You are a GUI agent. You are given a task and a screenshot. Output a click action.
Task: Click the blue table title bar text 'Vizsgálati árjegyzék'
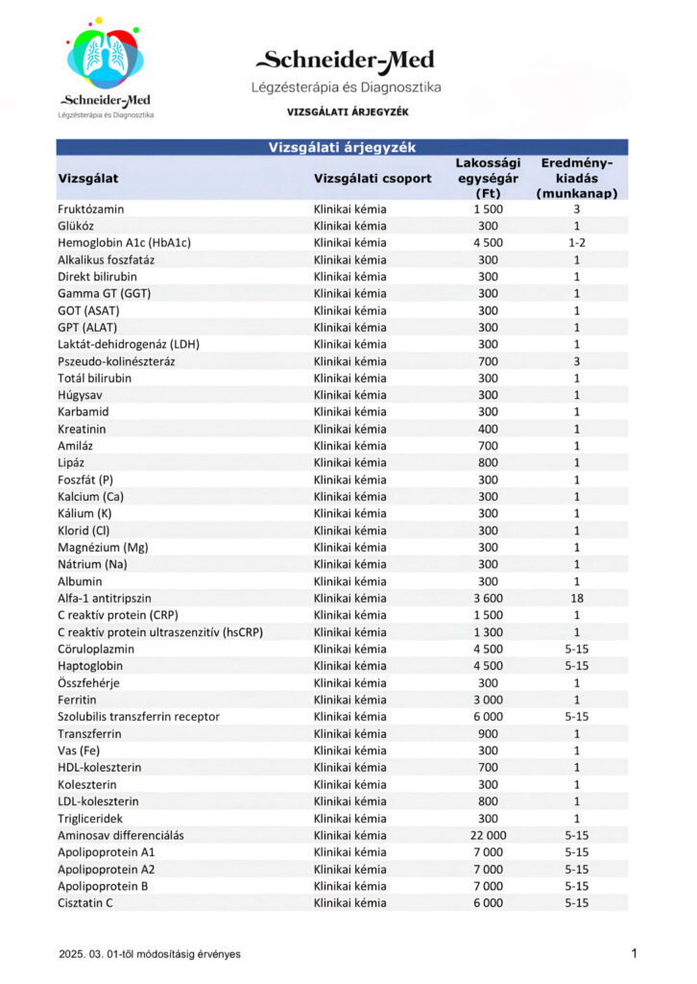pyautogui.click(x=341, y=147)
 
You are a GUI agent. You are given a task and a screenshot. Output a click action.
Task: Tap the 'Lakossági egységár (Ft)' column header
pyautogui.click(x=488, y=178)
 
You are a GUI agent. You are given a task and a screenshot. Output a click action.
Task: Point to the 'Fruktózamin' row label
pyautogui.click(x=91, y=209)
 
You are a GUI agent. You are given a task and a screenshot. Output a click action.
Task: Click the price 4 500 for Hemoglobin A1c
pyautogui.click(x=488, y=242)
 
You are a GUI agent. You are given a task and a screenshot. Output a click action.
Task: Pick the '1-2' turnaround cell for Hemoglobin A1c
pyautogui.click(x=576, y=242)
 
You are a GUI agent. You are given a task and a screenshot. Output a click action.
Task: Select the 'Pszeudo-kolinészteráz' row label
pyautogui.click(x=116, y=361)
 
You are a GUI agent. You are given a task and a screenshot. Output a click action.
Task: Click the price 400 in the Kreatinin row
pyautogui.click(x=488, y=429)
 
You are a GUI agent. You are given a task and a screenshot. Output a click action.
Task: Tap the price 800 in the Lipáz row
pyautogui.click(x=488, y=462)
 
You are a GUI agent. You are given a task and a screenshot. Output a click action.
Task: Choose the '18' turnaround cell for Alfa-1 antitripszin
pyautogui.click(x=576, y=598)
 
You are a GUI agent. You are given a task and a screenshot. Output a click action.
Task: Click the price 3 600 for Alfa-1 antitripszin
pyautogui.click(x=488, y=598)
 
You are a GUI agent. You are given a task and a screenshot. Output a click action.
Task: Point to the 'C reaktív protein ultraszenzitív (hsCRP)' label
pyautogui.click(x=160, y=632)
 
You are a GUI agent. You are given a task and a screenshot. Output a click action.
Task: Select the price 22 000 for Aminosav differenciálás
pyautogui.click(x=488, y=835)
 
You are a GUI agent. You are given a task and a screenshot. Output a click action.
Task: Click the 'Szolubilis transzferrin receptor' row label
pyautogui.click(x=139, y=717)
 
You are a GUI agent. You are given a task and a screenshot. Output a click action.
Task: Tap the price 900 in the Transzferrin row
pyautogui.click(x=488, y=733)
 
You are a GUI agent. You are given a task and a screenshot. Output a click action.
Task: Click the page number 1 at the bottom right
pyautogui.click(x=635, y=953)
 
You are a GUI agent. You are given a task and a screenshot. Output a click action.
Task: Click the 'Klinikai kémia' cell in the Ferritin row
pyautogui.click(x=350, y=700)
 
